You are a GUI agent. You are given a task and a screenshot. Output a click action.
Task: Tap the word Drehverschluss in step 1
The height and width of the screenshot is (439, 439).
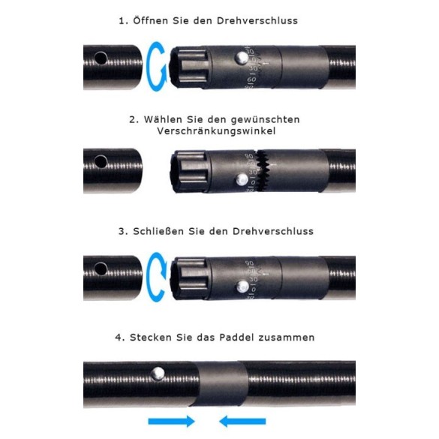coord(257,21)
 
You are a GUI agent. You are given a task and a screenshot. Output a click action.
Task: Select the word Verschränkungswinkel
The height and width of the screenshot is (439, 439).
coord(216,131)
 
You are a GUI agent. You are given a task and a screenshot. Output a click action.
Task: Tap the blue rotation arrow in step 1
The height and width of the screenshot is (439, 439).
coord(156,67)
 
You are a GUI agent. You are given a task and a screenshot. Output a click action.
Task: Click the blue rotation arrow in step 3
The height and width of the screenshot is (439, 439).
coord(156,277)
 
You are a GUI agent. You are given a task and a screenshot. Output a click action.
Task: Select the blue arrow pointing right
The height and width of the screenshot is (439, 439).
coord(171,421)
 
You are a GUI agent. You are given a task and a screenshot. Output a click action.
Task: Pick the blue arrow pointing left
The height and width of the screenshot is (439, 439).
coord(242,421)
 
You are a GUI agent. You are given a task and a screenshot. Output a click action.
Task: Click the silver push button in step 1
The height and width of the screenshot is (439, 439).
coord(241,58)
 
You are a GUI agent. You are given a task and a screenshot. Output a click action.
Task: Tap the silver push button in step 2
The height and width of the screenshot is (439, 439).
coord(242,179)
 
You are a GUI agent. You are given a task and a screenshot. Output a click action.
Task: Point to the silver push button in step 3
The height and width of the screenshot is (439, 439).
coord(242,287)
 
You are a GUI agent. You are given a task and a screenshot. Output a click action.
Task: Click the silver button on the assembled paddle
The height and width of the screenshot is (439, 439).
coord(158,374)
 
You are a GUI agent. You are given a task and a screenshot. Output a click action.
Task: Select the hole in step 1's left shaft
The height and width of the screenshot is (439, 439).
coord(101,58)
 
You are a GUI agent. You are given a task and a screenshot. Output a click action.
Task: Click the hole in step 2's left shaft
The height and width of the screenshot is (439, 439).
coord(101,161)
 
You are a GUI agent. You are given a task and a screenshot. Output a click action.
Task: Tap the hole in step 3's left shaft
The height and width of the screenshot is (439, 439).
coord(101,269)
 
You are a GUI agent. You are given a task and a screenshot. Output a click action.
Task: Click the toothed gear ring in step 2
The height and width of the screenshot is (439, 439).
coord(263,170)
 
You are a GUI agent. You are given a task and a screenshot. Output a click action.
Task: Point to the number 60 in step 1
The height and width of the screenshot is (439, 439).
coord(251,80)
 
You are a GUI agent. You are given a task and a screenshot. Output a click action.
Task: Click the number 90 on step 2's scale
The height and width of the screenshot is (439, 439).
coord(248,156)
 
